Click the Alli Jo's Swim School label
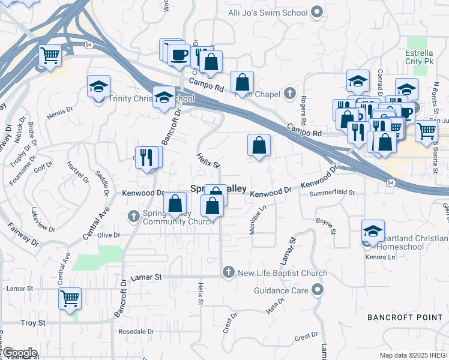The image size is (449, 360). (x=268, y=13)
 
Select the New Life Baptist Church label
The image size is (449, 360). (x=282, y=274)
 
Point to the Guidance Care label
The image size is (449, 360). (x=281, y=291)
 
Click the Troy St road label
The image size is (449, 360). (x=34, y=323)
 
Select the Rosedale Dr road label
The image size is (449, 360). (x=136, y=331)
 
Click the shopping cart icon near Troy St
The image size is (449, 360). (x=70, y=298)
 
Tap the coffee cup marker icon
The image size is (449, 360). (x=179, y=54)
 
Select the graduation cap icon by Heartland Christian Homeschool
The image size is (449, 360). (x=373, y=230)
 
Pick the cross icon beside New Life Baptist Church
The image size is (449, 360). (x=228, y=274)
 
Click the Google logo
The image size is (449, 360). (x=19, y=353)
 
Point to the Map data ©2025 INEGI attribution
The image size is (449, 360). (x=414, y=355)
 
